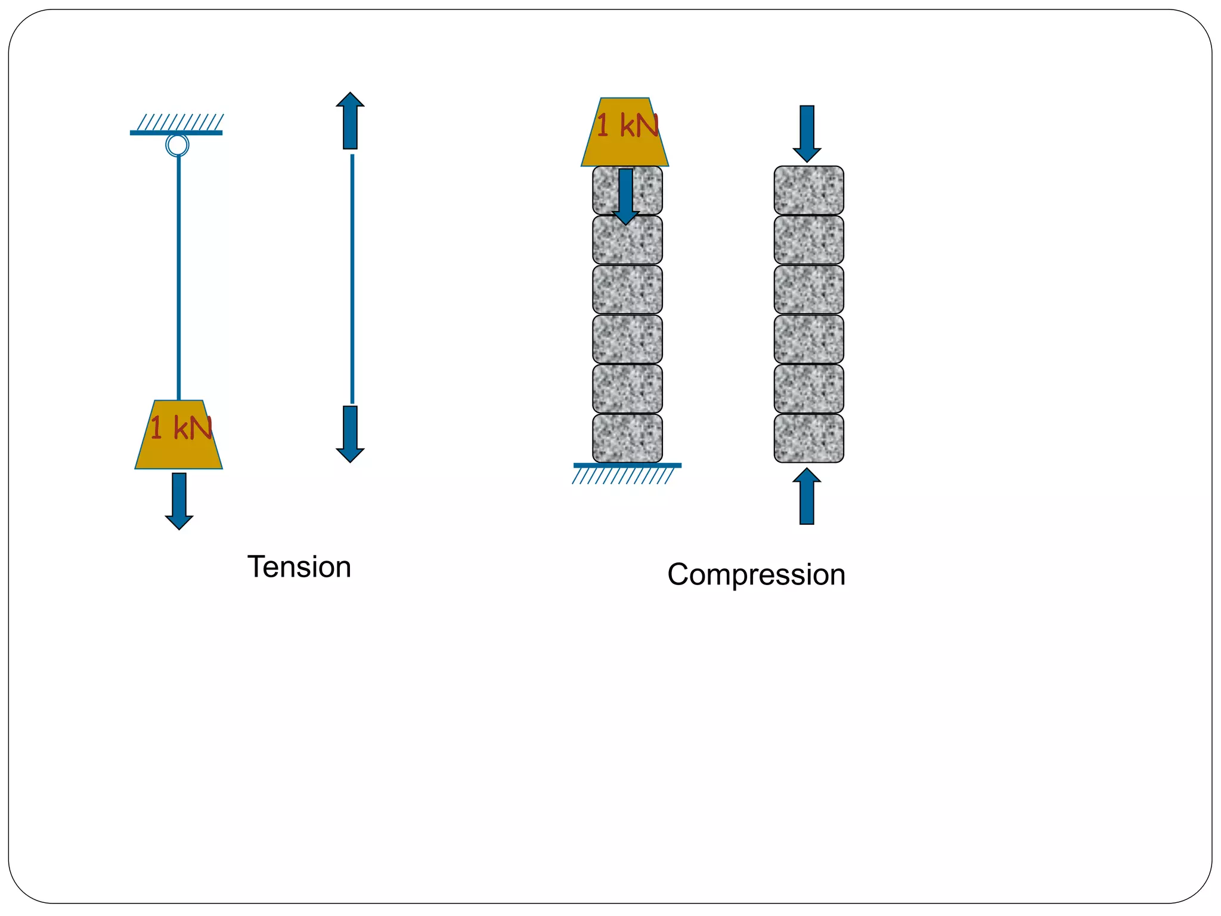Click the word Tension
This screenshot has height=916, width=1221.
click(299, 567)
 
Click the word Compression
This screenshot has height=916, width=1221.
click(756, 575)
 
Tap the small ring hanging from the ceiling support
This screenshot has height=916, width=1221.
click(177, 145)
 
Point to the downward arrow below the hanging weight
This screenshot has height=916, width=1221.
click(179, 500)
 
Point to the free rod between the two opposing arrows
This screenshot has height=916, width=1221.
click(352, 279)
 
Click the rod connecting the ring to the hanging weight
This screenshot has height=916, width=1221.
click(179, 277)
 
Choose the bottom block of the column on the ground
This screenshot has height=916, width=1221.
click(627, 438)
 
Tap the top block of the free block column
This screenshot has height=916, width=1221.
click(808, 190)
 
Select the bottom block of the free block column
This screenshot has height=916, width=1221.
click(808, 438)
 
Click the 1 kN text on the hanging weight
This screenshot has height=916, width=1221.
click(181, 428)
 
